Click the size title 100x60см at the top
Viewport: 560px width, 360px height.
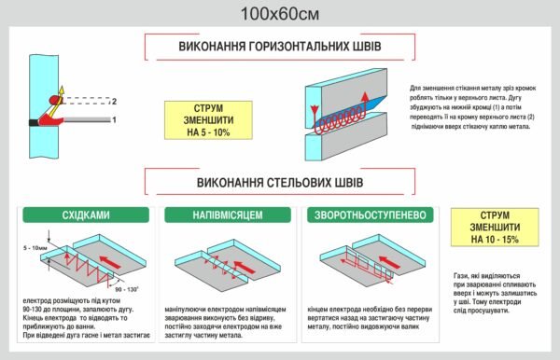279,14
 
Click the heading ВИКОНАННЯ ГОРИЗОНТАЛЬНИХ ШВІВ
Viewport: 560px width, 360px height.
279,46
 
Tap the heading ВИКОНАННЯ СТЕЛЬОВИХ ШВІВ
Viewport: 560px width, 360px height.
279,180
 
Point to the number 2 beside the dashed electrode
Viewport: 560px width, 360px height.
114,100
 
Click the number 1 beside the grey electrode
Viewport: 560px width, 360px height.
114,120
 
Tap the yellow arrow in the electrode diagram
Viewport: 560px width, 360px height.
63,91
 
